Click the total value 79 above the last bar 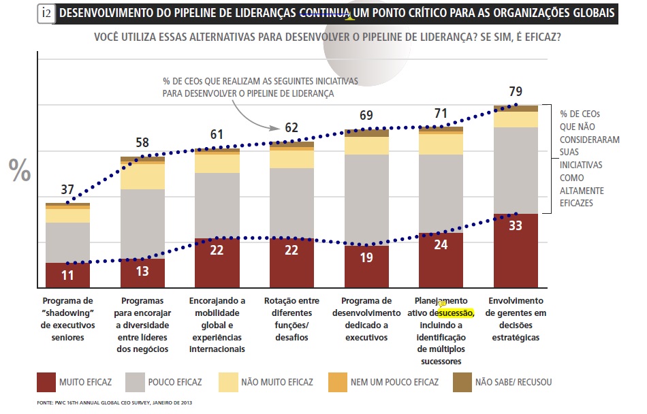click(x=515, y=91)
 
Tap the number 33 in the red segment click(x=515, y=225)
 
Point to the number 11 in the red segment click(x=67, y=276)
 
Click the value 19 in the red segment click(x=366, y=258)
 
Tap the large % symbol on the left click(x=20, y=171)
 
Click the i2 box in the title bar click(x=47, y=13)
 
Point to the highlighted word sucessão click(x=456, y=313)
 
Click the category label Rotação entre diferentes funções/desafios click(x=291, y=318)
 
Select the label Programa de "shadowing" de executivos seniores click(x=67, y=318)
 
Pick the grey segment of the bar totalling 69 click(x=366, y=200)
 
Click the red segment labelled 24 click(x=441, y=260)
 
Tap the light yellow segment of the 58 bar click(x=142, y=176)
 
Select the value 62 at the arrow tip click(x=291, y=127)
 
